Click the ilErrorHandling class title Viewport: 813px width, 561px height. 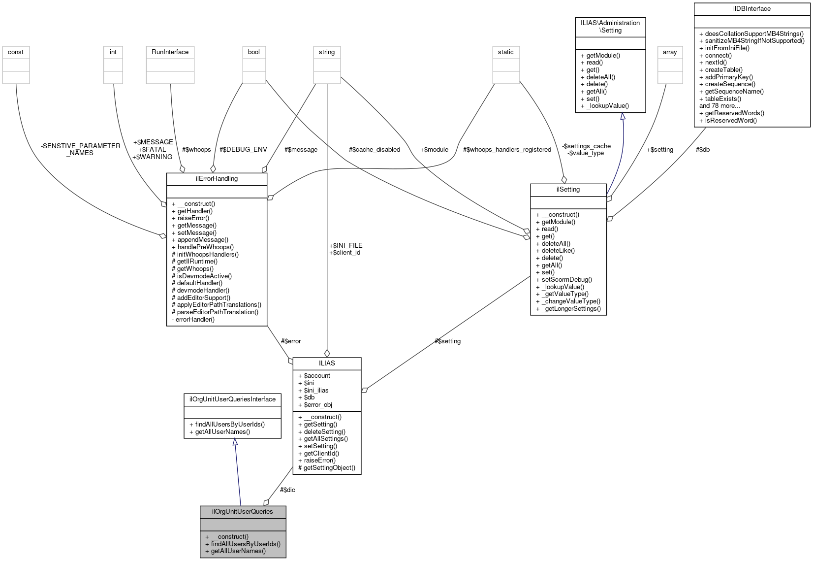pyautogui.click(x=217, y=178)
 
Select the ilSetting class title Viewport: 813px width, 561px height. pyautogui.click(x=568, y=189)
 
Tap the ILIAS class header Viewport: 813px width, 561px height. pyautogui.click(x=327, y=363)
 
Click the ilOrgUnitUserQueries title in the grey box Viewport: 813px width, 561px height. pyautogui.click(x=243, y=511)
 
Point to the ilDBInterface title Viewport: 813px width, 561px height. pyautogui.click(x=751, y=8)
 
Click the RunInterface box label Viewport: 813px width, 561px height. pyautogui.click(x=170, y=52)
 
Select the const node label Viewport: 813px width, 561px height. pyautogui.click(x=16, y=52)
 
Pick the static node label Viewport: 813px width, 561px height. pyautogui.click(x=505, y=52)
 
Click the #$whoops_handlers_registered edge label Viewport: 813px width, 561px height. pyautogui.click(x=507, y=149)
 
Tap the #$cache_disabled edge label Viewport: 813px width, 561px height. pyautogui.click(x=374, y=149)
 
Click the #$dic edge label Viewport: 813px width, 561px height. pyautogui.click(x=287, y=490)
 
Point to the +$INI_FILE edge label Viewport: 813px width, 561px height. pyautogui.click(x=345, y=245)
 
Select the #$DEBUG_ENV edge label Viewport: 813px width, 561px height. pyautogui.click(x=243, y=149)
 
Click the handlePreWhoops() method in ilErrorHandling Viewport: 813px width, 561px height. pyautogui.click(x=205, y=247)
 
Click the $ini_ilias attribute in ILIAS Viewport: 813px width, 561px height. pyautogui.click(x=316, y=390)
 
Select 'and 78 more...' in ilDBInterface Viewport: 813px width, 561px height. pyautogui.click(x=719, y=105)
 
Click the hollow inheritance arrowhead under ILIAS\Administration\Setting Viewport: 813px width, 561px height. pyautogui.click(x=623, y=116)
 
